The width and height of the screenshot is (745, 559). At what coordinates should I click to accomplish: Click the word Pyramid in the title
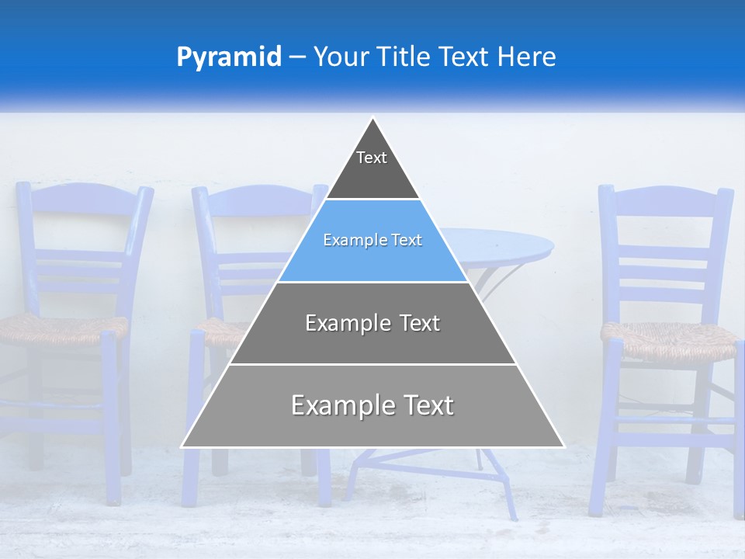[x=228, y=57]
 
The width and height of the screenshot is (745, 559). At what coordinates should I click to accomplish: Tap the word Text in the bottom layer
[x=425, y=406]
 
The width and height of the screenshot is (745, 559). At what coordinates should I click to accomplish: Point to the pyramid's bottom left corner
[x=183, y=446]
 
